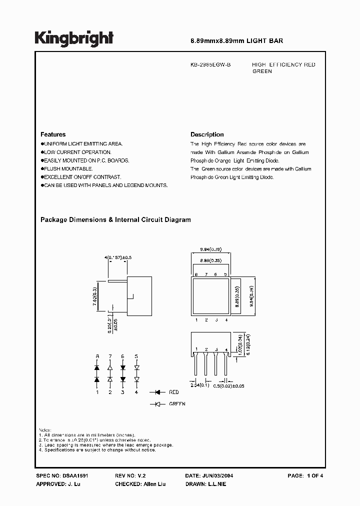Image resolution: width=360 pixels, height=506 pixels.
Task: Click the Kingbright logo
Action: click(x=74, y=38)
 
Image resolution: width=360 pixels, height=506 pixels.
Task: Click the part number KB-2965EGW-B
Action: click(x=210, y=65)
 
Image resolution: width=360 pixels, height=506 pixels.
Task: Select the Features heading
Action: click(x=53, y=134)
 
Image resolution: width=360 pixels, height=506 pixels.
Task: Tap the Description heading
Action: click(x=207, y=134)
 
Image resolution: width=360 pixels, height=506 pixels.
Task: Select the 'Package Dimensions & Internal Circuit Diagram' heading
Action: click(x=115, y=219)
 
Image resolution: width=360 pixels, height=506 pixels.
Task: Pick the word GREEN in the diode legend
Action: click(x=177, y=403)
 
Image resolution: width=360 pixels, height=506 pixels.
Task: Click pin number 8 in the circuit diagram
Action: click(x=97, y=356)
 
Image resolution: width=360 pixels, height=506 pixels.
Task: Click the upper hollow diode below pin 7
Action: click(x=110, y=368)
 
